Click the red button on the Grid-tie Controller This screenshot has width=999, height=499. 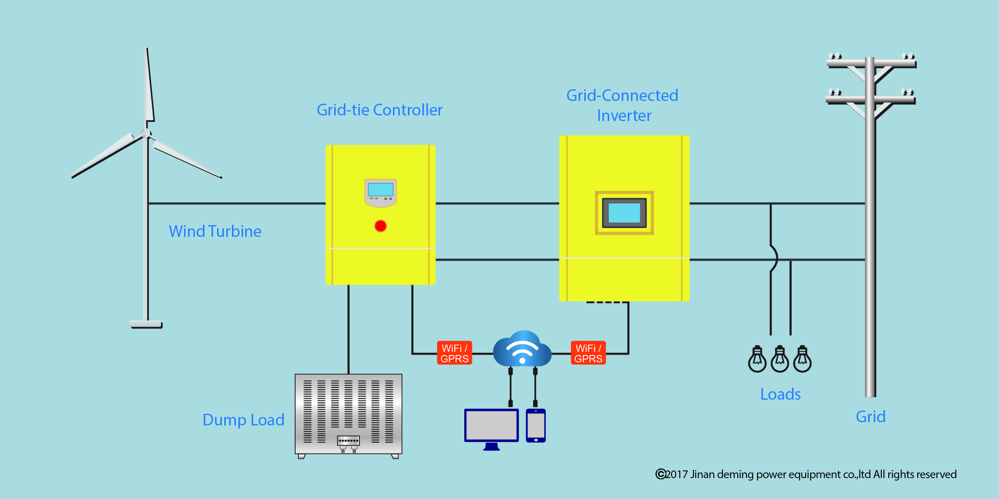381,226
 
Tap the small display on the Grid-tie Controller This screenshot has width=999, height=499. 381,189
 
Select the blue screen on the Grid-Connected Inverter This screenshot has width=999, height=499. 624,213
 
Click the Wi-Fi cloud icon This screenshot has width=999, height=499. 522,349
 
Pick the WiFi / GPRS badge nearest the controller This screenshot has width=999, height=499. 455,353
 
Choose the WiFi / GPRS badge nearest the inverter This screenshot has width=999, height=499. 588,353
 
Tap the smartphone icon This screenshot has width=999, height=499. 536,425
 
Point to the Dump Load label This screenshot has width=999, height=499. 244,420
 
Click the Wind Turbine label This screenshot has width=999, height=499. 215,231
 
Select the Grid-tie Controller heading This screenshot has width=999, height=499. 379,110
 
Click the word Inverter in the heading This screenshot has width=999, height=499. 624,115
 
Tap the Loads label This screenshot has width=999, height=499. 780,394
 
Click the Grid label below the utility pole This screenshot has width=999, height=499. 871,417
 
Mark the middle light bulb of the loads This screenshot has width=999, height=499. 780,359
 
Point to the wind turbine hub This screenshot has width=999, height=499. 146,133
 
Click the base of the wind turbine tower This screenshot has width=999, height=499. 146,324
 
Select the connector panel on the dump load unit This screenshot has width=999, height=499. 348,441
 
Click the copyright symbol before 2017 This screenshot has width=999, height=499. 660,474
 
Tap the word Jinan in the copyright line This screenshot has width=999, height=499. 703,474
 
